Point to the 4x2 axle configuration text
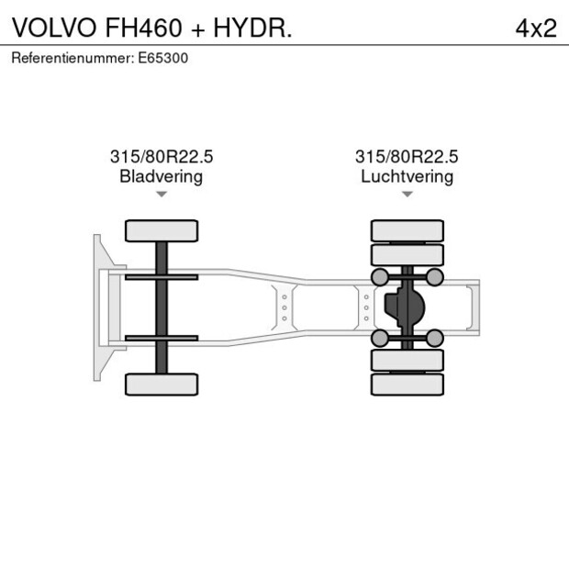point(536,28)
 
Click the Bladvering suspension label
point(162,176)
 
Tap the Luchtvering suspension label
point(407,176)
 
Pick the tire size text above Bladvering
point(162,157)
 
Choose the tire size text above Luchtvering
point(407,157)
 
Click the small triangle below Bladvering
point(162,195)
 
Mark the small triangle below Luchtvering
point(407,195)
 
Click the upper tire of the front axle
point(162,230)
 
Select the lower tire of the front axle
point(162,384)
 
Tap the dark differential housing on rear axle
point(403,307)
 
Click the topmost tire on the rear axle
point(407,230)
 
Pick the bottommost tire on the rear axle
point(407,385)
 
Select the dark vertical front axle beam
point(162,307)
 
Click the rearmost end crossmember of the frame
point(473,307)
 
